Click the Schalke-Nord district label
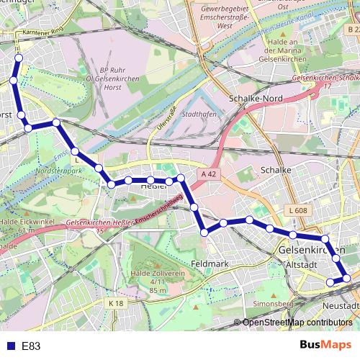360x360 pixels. coord(254,99)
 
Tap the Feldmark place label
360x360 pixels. coord(211,264)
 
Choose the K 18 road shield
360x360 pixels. coord(116,304)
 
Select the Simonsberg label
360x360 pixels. coord(271,304)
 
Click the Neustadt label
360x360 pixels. coord(341,305)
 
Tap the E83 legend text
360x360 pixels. coord(31,346)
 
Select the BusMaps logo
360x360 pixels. coord(325,345)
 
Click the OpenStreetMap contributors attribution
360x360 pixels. coord(297,323)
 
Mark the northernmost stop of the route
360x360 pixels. coord(19,58)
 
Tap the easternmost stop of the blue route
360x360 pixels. coord(347,278)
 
